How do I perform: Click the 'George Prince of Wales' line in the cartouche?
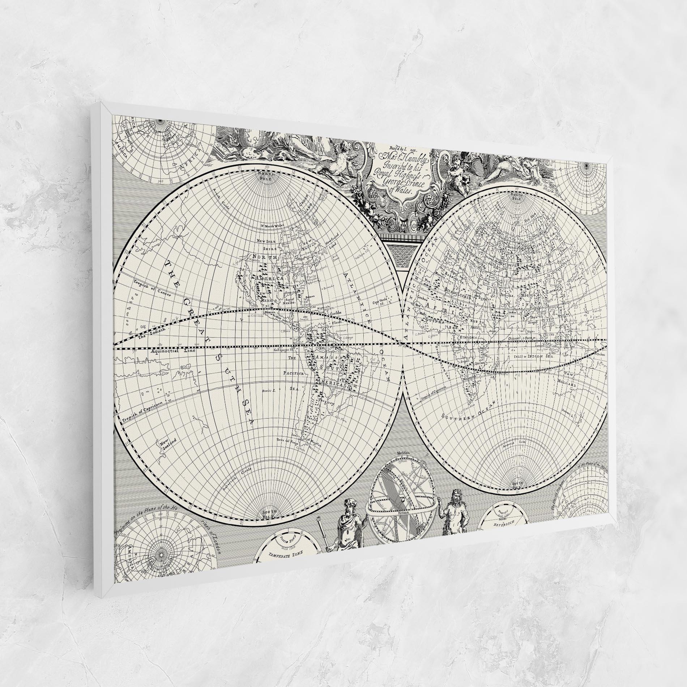[396, 188]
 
